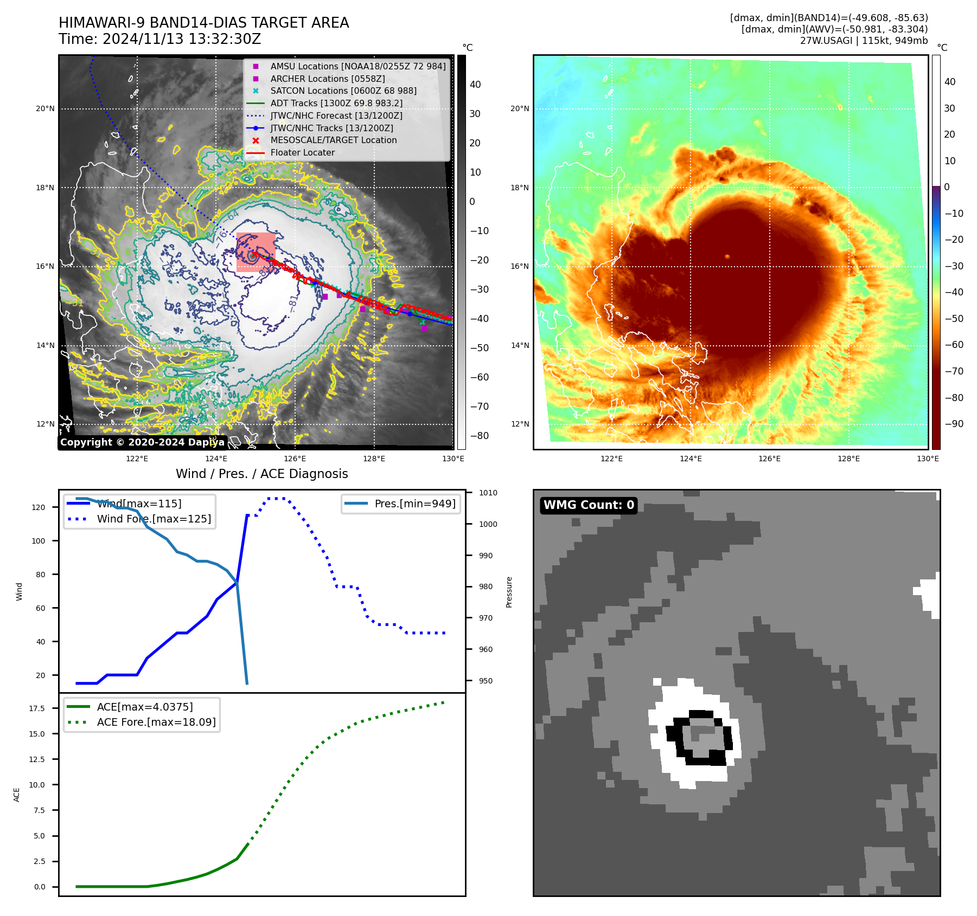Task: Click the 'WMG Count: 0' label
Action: (589, 505)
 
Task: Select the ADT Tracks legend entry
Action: (336, 103)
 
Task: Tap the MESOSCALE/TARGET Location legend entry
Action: (334, 140)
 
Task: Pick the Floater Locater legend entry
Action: (302, 152)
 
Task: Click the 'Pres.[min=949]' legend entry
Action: (415, 504)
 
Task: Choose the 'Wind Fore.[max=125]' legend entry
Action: (154, 519)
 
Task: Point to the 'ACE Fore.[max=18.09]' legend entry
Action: (156, 722)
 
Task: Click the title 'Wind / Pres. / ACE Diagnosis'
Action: (262, 474)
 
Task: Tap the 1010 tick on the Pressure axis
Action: (488, 493)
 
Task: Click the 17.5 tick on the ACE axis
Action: (37, 708)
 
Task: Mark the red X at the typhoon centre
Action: (255, 254)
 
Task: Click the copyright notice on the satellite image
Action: (142, 442)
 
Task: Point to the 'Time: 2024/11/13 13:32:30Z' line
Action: (160, 39)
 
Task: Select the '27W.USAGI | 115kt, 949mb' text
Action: (864, 41)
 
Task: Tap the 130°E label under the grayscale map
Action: (453, 459)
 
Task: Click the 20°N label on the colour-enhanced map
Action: (519, 108)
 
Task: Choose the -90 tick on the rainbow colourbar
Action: (954, 424)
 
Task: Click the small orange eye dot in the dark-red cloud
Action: (727, 256)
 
